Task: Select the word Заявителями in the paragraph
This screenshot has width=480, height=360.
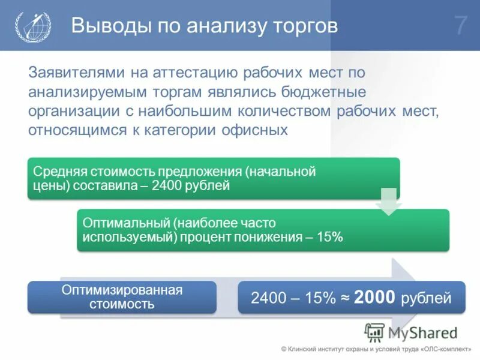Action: pyautogui.click(x=73, y=73)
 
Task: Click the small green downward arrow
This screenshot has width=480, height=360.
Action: pyautogui.click(x=389, y=202)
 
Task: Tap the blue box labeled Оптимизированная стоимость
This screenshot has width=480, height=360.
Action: pyautogui.click(x=122, y=297)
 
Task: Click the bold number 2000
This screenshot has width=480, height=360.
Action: pyautogui.click(x=374, y=296)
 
